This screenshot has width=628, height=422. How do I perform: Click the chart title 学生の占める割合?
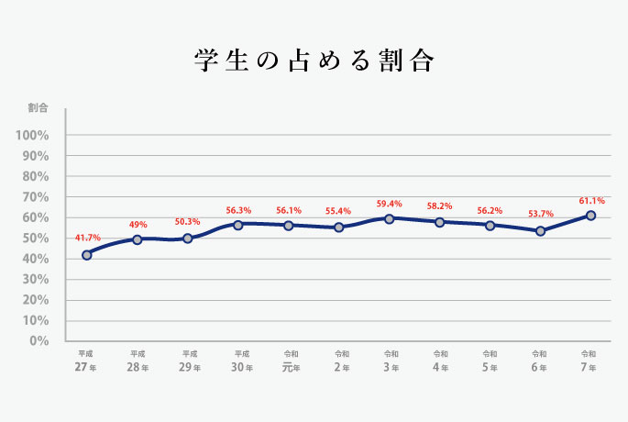click(x=314, y=61)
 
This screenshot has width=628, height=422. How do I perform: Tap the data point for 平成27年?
click(x=87, y=255)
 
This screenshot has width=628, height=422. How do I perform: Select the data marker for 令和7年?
click(x=590, y=216)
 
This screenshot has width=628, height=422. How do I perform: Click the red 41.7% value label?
click(x=87, y=238)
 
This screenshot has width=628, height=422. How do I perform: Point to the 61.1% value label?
click(x=591, y=199)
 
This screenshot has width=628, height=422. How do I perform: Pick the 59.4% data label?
click(x=390, y=203)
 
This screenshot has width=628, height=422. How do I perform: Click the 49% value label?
click(x=138, y=224)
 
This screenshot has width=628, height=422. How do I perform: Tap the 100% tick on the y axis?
click(x=32, y=136)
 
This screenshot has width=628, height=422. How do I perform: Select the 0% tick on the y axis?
click(x=38, y=341)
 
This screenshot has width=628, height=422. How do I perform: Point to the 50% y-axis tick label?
click(x=35, y=239)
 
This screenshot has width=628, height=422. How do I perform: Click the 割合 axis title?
click(x=38, y=108)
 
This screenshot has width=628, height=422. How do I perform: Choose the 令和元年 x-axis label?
click(x=291, y=361)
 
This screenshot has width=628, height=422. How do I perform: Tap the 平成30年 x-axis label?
click(x=241, y=361)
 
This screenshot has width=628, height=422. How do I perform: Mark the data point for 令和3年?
click(x=390, y=218)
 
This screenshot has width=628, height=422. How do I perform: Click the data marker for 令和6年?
click(x=541, y=231)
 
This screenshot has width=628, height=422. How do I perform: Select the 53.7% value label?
click(x=541, y=215)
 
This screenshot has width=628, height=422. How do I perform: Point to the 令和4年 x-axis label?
click(x=440, y=361)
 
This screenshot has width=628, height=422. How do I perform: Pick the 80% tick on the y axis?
click(x=35, y=177)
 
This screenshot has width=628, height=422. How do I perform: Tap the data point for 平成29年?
click(x=188, y=239)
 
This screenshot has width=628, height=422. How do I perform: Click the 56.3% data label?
click(x=238, y=209)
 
